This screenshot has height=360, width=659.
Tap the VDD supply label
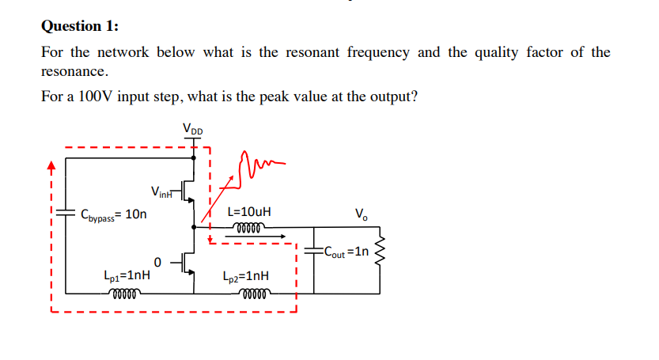[x=192, y=128]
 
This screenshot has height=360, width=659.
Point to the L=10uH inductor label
[x=248, y=212]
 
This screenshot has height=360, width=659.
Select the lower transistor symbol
[x=187, y=262]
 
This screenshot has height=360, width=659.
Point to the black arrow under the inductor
[x=260, y=235]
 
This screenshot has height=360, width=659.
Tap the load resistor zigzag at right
[x=378, y=251]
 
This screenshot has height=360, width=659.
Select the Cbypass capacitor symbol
[x=66, y=214]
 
